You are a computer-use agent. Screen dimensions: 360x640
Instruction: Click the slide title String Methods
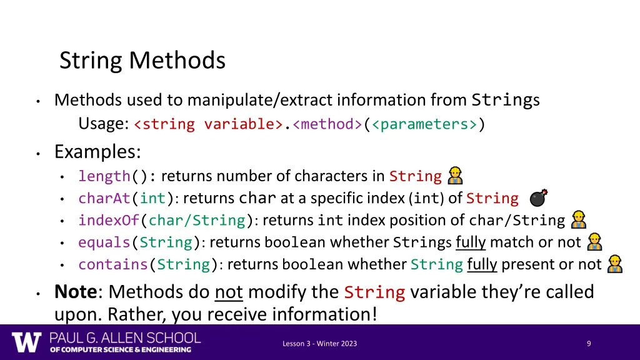tap(142, 61)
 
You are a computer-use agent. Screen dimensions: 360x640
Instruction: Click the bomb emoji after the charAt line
tap(538, 198)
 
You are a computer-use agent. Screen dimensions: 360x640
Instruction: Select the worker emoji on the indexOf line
tap(579, 220)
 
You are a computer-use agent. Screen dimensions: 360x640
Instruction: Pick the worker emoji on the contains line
tap(614, 264)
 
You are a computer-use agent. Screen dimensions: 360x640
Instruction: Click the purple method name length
tap(104, 176)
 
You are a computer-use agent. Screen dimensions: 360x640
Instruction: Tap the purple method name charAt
tap(104, 199)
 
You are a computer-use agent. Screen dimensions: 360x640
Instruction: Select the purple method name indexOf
tap(109, 221)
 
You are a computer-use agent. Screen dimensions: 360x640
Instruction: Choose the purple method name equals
tap(104, 242)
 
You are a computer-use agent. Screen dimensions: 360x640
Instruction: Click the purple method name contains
tap(112, 264)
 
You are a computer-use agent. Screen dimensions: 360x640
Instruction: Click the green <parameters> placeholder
tap(424, 124)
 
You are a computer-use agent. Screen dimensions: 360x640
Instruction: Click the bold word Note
tap(74, 291)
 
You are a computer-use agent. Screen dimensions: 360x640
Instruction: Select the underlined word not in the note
tap(228, 291)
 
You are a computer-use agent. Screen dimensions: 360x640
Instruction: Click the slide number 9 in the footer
tap(589, 343)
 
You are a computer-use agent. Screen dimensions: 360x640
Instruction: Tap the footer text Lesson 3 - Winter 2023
tap(319, 343)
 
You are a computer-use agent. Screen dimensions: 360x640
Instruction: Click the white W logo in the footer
tap(26, 342)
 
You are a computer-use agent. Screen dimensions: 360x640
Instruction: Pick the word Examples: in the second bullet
tap(97, 152)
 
